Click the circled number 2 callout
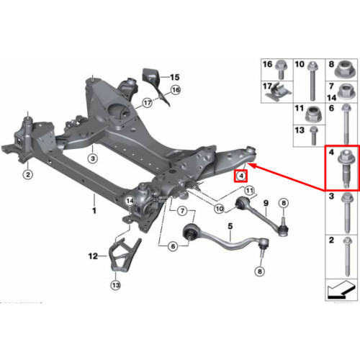28,174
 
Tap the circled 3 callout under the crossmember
93,158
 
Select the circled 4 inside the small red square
241,176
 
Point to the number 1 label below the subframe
94,211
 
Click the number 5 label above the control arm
230,226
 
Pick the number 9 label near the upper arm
266,203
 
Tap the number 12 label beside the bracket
93,256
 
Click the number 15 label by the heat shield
175,77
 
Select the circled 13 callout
116,285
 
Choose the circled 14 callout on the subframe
130,201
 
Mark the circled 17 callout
148,103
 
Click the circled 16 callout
176,90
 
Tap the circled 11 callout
250,191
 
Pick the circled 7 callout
183,211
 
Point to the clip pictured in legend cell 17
279,92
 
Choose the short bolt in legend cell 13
313,136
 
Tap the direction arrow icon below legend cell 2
341,290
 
